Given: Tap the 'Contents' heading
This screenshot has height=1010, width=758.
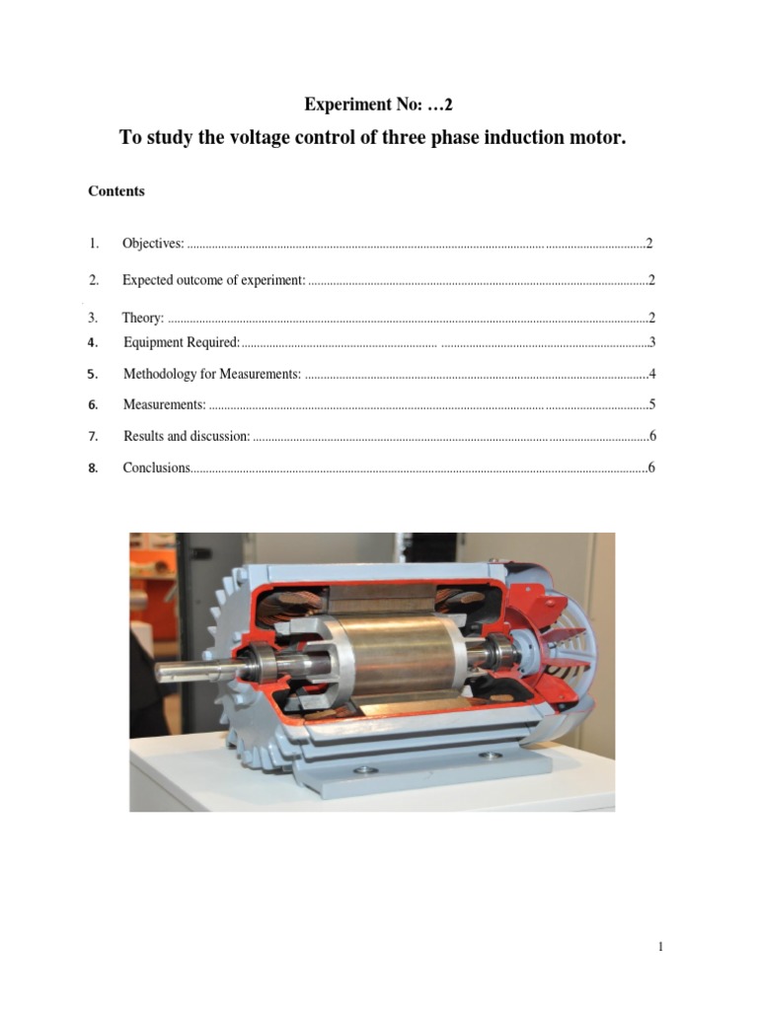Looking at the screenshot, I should point(116,191).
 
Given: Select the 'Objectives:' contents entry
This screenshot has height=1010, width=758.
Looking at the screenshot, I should point(153,243).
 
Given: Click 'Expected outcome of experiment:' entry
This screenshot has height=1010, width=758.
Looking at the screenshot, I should point(214,280).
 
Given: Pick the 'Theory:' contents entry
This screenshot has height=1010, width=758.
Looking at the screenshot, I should point(143,318).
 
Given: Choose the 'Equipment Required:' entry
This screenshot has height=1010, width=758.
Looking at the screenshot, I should point(182,342).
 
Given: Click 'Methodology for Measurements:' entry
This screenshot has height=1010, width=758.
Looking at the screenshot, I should point(212,375).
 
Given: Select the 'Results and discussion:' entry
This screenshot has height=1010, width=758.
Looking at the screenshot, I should point(187,436).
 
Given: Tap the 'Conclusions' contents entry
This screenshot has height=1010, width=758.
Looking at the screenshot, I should point(156,468).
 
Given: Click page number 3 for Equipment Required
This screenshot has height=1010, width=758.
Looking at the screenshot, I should point(652,342).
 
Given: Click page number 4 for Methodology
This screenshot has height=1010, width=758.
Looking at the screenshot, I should point(652,375).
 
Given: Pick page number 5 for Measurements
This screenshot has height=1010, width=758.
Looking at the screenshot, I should point(652,404).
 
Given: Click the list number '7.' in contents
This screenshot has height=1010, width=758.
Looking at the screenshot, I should point(93,436).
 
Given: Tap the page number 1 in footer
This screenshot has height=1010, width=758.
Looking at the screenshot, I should point(660,948).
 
